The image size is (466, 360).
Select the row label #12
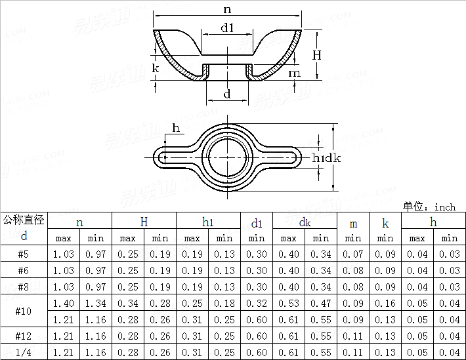24,336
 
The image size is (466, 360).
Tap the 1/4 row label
24,353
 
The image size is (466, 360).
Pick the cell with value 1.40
63,304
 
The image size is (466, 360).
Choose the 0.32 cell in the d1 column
257,304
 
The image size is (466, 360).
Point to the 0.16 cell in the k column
385,304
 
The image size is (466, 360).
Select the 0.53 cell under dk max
289,304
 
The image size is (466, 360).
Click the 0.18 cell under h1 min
224,304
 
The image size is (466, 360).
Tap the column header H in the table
144,222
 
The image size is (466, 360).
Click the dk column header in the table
305,222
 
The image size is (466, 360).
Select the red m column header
353,224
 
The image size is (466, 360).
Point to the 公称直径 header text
24,220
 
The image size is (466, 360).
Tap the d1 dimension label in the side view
227,28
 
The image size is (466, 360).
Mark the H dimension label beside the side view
317,55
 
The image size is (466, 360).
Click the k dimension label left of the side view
156,68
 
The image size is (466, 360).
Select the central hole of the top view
227,157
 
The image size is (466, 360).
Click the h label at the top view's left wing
176,127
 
